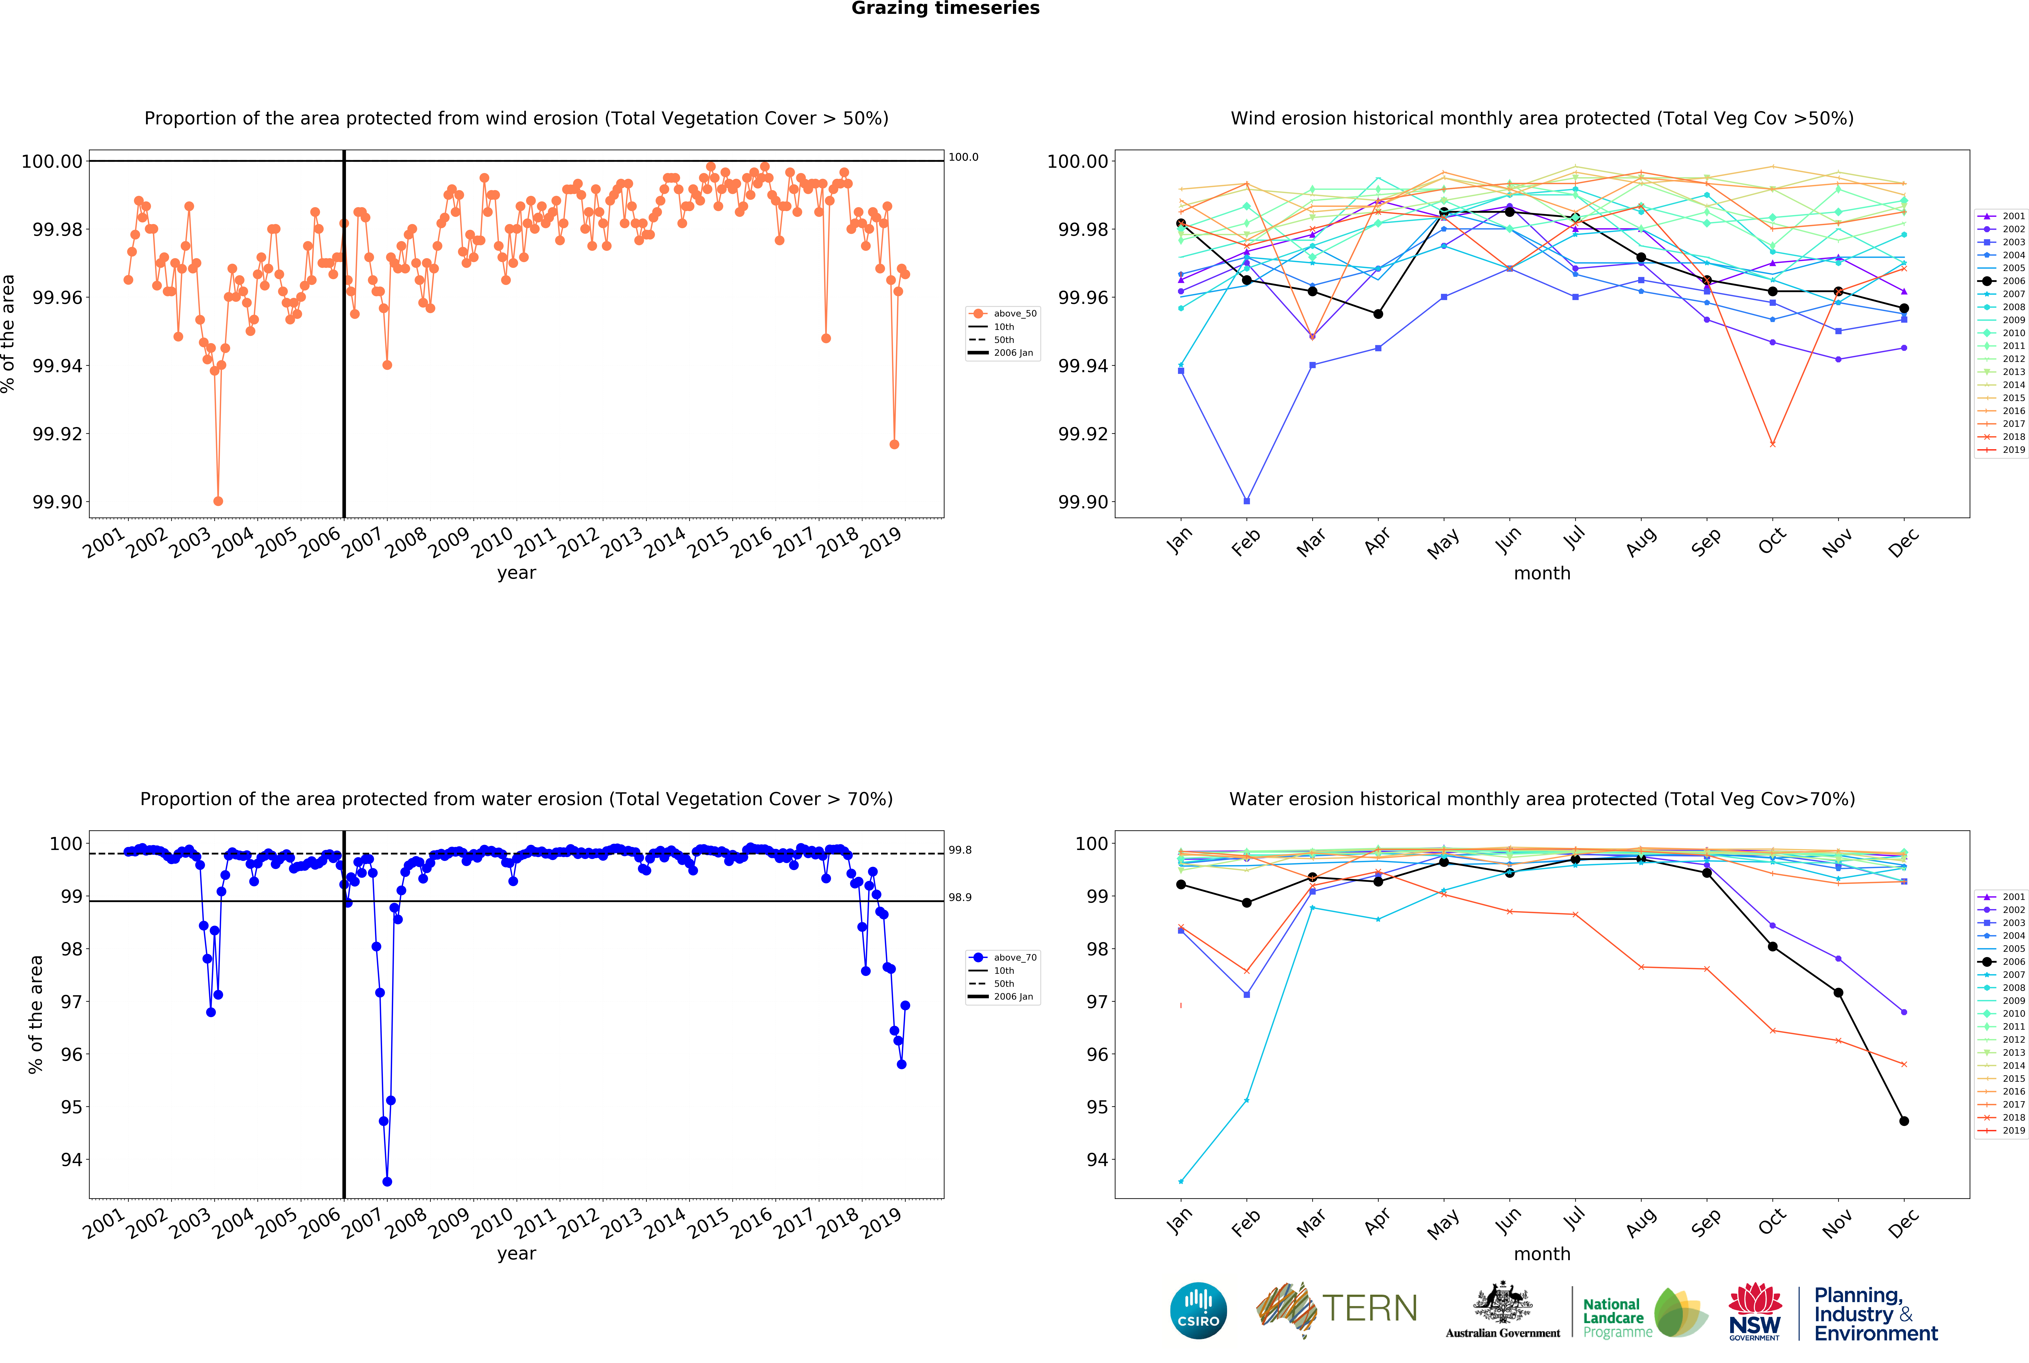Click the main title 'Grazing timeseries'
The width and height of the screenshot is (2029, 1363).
(945, 9)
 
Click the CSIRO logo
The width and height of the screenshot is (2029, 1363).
(1198, 1310)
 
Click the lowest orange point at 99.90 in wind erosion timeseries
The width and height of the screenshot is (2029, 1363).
(218, 501)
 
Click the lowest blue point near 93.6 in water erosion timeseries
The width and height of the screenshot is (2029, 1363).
(387, 1181)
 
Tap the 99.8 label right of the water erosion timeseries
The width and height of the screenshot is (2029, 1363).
(960, 850)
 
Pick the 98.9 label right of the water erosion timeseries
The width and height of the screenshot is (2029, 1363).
(960, 897)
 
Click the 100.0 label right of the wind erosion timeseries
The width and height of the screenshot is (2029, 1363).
(963, 157)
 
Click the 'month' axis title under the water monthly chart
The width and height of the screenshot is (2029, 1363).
(1542, 1254)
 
